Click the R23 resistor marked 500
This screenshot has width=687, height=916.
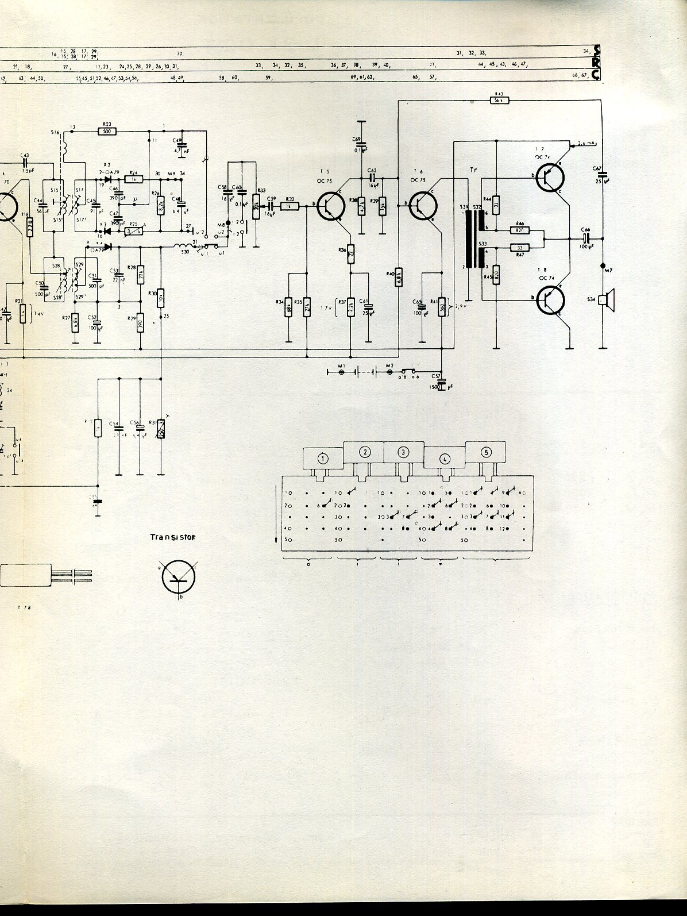pyautogui.click(x=107, y=131)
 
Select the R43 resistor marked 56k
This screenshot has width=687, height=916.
pyautogui.click(x=498, y=100)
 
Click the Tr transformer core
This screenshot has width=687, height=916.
pyautogui.click(x=472, y=238)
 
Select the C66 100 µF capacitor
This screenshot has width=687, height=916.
pyautogui.click(x=585, y=238)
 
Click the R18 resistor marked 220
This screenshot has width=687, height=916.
pyautogui.click(x=30, y=229)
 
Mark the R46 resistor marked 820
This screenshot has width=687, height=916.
pyautogui.click(x=520, y=230)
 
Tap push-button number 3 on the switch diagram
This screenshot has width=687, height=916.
pyautogui.click(x=404, y=452)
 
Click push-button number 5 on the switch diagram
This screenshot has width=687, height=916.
pyautogui.click(x=486, y=452)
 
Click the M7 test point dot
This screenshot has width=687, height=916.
pyautogui.click(x=603, y=265)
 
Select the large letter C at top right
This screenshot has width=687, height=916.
pyautogui.click(x=598, y=74)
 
